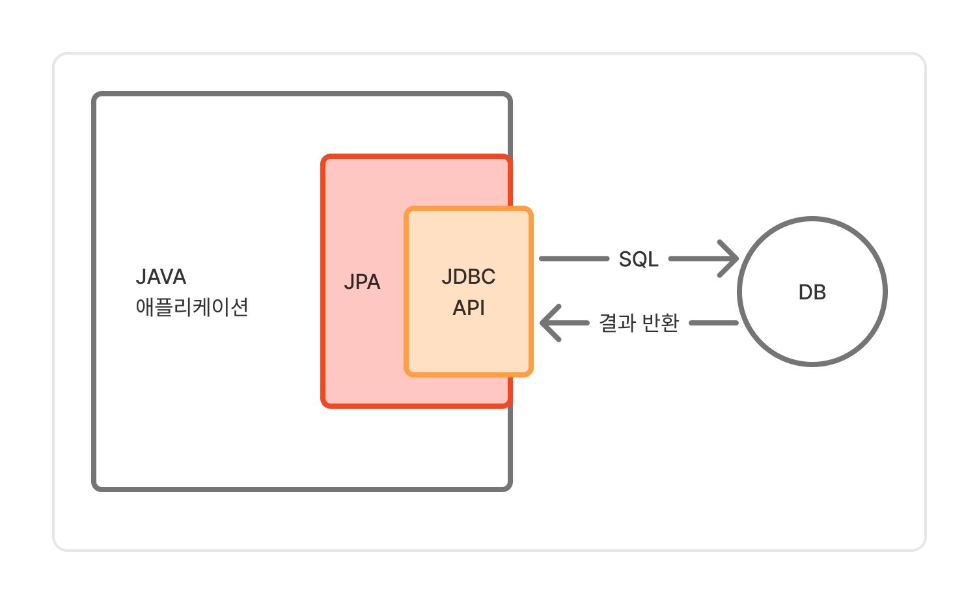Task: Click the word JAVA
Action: [161, 277]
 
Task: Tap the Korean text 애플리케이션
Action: [192, 307]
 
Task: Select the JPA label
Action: [362, 282]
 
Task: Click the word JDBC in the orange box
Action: [468, 277]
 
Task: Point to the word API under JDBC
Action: [469, 308]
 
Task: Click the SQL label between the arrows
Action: [638, 259]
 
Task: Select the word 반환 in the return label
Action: [660, 323]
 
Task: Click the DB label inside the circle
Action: [812, 292]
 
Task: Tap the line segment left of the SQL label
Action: [573, 259]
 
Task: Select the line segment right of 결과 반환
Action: [713, 323]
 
